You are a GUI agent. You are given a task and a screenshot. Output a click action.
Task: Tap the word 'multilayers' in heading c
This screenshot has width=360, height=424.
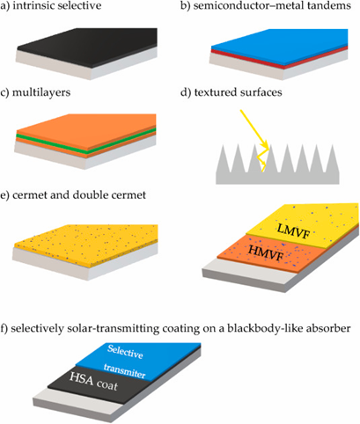point(41,92)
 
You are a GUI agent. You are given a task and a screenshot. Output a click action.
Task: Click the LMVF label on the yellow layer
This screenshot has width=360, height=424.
point(293,230)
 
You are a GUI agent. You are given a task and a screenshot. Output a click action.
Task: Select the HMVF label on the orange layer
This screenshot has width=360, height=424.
point(266,252)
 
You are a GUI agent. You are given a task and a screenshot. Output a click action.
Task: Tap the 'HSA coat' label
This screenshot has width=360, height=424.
point(93,382)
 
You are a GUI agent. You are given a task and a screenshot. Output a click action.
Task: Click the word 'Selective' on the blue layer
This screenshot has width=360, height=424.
point(125,352)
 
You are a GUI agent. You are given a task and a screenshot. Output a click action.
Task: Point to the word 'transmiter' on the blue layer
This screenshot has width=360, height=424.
point(124,370)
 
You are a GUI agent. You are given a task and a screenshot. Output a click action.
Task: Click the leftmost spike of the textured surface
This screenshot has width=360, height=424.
point(224,160)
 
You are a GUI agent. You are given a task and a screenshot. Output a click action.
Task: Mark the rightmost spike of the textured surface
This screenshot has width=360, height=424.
point(332,160)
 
